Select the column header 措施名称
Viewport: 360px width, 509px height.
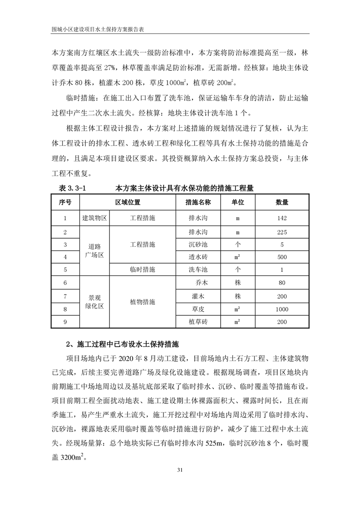click(198, 202)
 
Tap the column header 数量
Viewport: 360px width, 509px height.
click(281, 202)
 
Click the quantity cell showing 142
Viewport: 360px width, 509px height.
click(281, 218)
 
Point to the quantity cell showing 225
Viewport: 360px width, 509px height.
click(281, 232)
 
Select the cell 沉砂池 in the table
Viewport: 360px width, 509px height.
click(198, 245)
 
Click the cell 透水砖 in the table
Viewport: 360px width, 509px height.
click(198, 257)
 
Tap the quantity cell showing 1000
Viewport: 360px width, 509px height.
click(281, 309)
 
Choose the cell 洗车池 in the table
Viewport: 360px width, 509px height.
click(198, 269)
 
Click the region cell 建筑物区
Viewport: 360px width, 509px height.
click(94, 218)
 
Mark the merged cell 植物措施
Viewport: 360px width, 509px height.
click(143, 302)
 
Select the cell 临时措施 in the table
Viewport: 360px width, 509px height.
click(143, 269)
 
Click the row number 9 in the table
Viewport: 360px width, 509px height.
click(65, 322)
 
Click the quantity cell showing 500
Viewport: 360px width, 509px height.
click(281, 257)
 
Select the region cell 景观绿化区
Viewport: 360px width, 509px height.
click(94, 302)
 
